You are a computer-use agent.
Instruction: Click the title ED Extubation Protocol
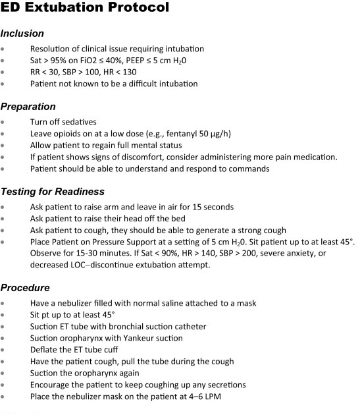[x=86, y=9]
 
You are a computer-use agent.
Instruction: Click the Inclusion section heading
[x=22, y=33]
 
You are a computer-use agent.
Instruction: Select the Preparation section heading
[x=28, y=106]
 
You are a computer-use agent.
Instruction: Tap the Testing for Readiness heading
[x=52, y=192]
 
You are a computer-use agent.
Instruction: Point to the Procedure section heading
[x=25, y=287]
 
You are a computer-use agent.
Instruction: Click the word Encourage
[x=51, y=385]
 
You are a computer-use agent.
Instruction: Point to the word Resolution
[x=52, y=49]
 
